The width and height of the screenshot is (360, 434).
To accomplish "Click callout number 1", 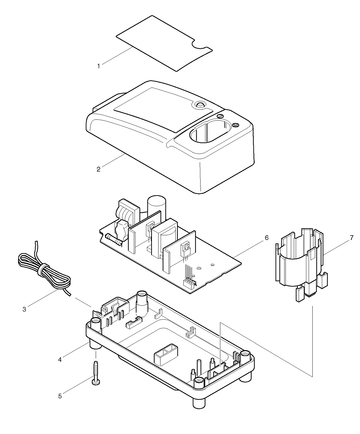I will coord(99,66).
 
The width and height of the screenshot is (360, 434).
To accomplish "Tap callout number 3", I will coord(25,309).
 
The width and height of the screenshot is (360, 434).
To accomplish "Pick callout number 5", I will coord(60,396).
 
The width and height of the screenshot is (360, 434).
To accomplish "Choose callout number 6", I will coord(266,238).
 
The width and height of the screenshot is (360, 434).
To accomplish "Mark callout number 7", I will coord(351,238).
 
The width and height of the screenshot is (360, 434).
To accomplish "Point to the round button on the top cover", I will coord(199,105).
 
